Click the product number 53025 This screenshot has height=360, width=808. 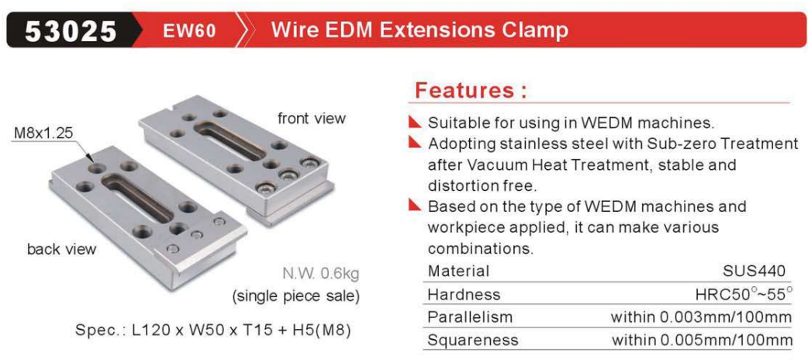click(x=71, y=32)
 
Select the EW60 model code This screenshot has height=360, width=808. click(x=189, y=32)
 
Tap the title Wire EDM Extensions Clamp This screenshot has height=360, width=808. click(x=420, y=30)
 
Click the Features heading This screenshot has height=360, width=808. click(x=471, y=90)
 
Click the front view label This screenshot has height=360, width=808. click(x=312, y=118)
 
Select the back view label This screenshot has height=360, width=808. click(x=62, y=250)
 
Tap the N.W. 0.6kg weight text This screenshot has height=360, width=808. click(x=321, y=272)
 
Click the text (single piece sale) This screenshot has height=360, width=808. click(x=295, y=297)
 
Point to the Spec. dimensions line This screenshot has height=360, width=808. click(x=213, y=329)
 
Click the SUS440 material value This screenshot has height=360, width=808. click(x=754, y=271)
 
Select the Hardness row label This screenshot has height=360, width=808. click(x=464, y=295)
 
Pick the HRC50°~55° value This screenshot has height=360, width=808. click(x=743, y=295)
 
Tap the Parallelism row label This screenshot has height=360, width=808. click(x=470, y=316)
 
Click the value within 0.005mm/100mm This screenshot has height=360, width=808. click(x=702, y=341)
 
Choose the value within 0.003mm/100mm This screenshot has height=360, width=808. click(x=701, y=316)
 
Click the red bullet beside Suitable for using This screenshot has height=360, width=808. click(x=415, y=123)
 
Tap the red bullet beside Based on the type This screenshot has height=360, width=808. click(x=415, y=206)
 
